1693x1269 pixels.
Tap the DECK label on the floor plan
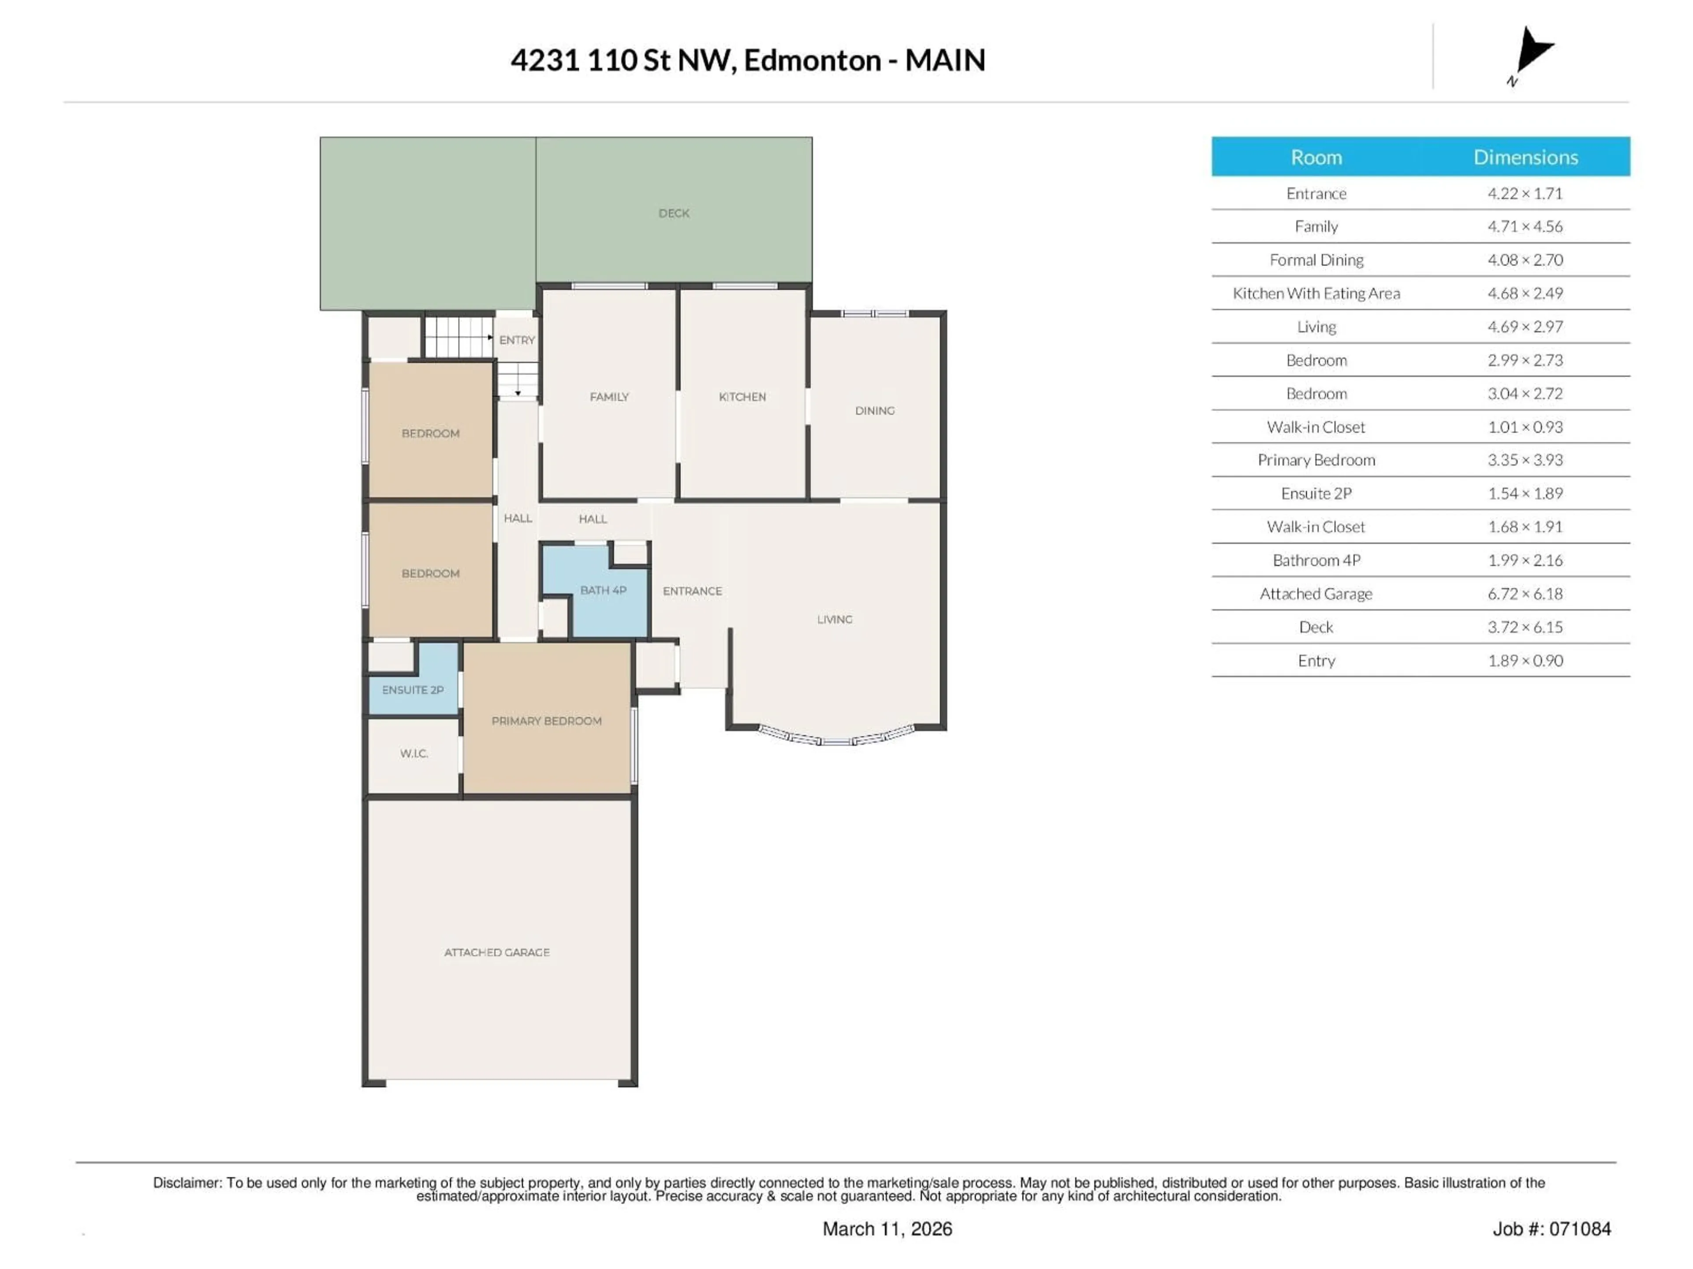674,213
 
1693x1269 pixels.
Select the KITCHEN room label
742,397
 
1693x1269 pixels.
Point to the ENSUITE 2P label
413,690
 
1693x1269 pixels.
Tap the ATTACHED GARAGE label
497,952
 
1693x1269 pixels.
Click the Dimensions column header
1525,158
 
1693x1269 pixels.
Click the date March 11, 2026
887,1228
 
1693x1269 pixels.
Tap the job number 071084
1580,1228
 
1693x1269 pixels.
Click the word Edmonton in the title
812,60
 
